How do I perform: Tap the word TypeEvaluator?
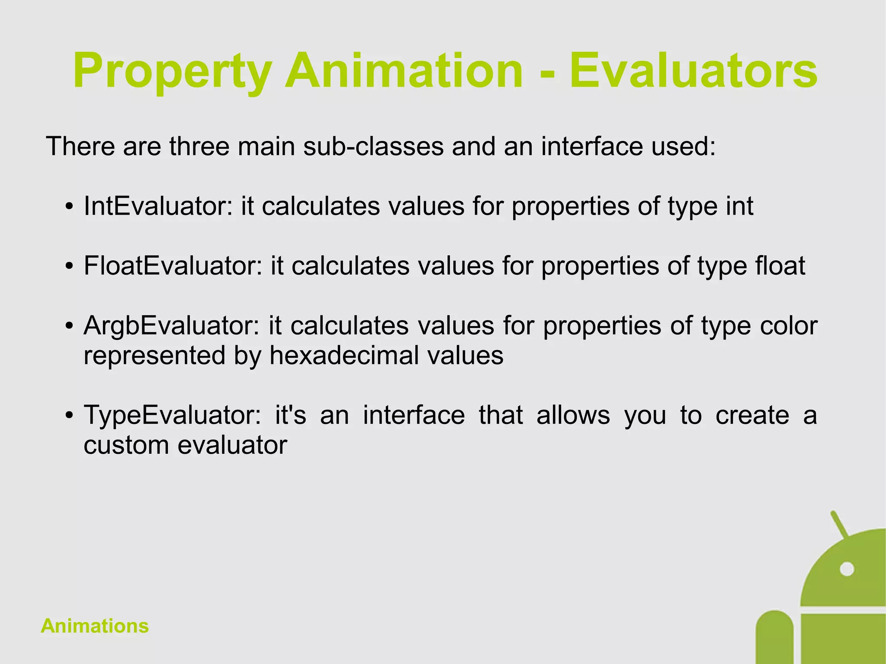click(173, 415)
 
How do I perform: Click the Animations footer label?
click(95, 626)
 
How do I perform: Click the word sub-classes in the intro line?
click(373, 146)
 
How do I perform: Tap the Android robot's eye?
click(847, 569)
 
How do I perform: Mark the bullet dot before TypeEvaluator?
click(69, 416)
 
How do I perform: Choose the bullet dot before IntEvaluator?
click(69, 207)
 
